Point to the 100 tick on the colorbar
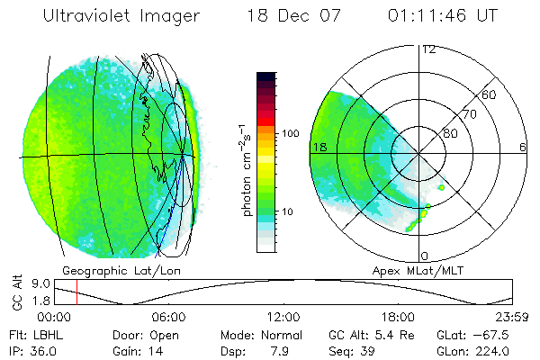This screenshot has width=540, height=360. pyautogui.click(x=289, y=133)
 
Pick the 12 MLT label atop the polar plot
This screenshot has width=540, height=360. pyautogui.click(x=429, y=50)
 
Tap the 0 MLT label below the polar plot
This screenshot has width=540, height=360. pyautogui.click(x=424, y=256)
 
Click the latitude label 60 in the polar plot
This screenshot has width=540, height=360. pyautogui.click(x=490, y=94)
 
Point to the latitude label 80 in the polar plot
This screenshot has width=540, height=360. pyautogui.click(x=450, y=133)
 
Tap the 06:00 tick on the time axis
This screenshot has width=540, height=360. pyautogui.click(x=168, y=317)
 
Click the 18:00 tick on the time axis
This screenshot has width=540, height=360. pyautogui.click(x=398, y=317)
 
